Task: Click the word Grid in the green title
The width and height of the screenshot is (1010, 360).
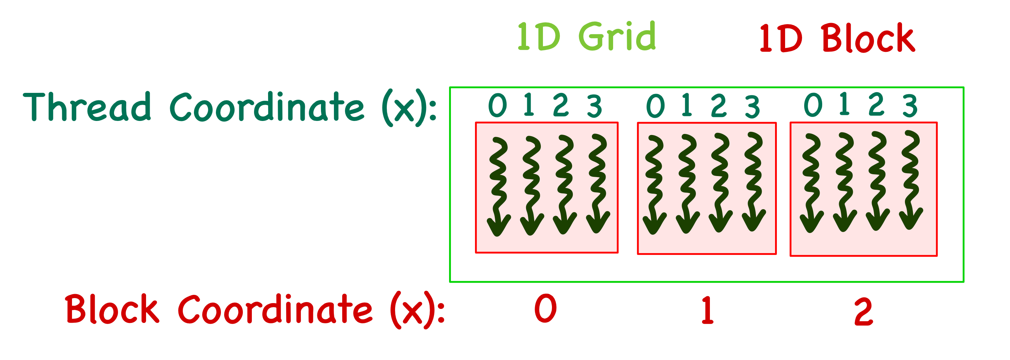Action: [617, 36]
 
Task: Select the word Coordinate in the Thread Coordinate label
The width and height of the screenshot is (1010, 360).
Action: [267, 107]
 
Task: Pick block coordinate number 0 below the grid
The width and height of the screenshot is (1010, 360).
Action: [545, 309]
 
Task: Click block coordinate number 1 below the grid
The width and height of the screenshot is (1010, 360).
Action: [707, 310]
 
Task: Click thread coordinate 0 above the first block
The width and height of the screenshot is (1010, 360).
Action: [498, 105]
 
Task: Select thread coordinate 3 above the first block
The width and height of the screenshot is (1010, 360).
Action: [594, 106]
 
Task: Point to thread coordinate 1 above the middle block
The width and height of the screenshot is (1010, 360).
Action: [686, 105]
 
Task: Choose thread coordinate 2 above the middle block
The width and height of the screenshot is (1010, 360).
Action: [719, 105]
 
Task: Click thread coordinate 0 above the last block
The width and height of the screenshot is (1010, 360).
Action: [813, 105]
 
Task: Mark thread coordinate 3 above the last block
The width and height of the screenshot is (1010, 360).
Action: [910, 105]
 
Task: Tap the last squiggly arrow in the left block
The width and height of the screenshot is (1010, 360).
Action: [598, 184]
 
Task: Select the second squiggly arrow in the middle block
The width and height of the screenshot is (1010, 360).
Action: [687, 184]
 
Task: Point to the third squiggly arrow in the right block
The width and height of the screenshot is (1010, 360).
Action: [878, 181]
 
